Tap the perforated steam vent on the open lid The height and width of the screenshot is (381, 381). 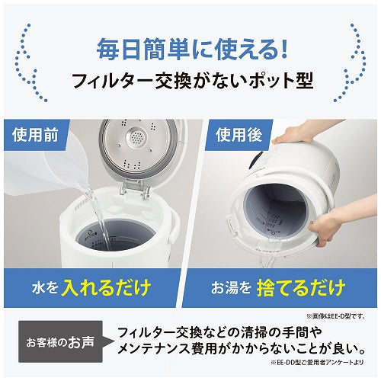(x=136, y=139)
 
